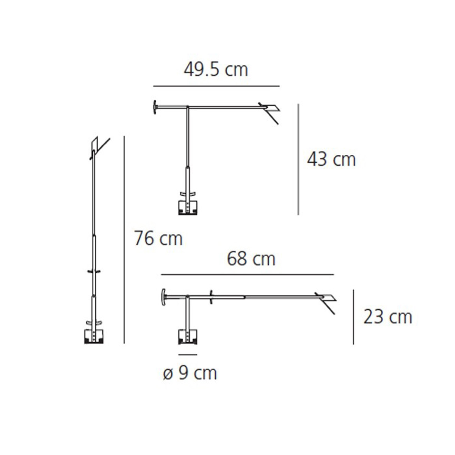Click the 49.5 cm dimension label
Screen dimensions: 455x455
tap(216, 70)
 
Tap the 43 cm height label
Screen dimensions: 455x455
tap(331, 159)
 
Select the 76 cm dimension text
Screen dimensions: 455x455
tap(158, 238)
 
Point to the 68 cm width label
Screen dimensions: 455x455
tap(251, 259)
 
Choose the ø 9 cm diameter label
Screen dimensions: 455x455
tap(190, 373)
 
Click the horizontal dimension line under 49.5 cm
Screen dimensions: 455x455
tap(217, 86)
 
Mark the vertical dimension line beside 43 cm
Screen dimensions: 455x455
tap(298, 159)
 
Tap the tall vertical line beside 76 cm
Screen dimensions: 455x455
tap(124, 240)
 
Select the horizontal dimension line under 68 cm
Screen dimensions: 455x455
tap(248, 275)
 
